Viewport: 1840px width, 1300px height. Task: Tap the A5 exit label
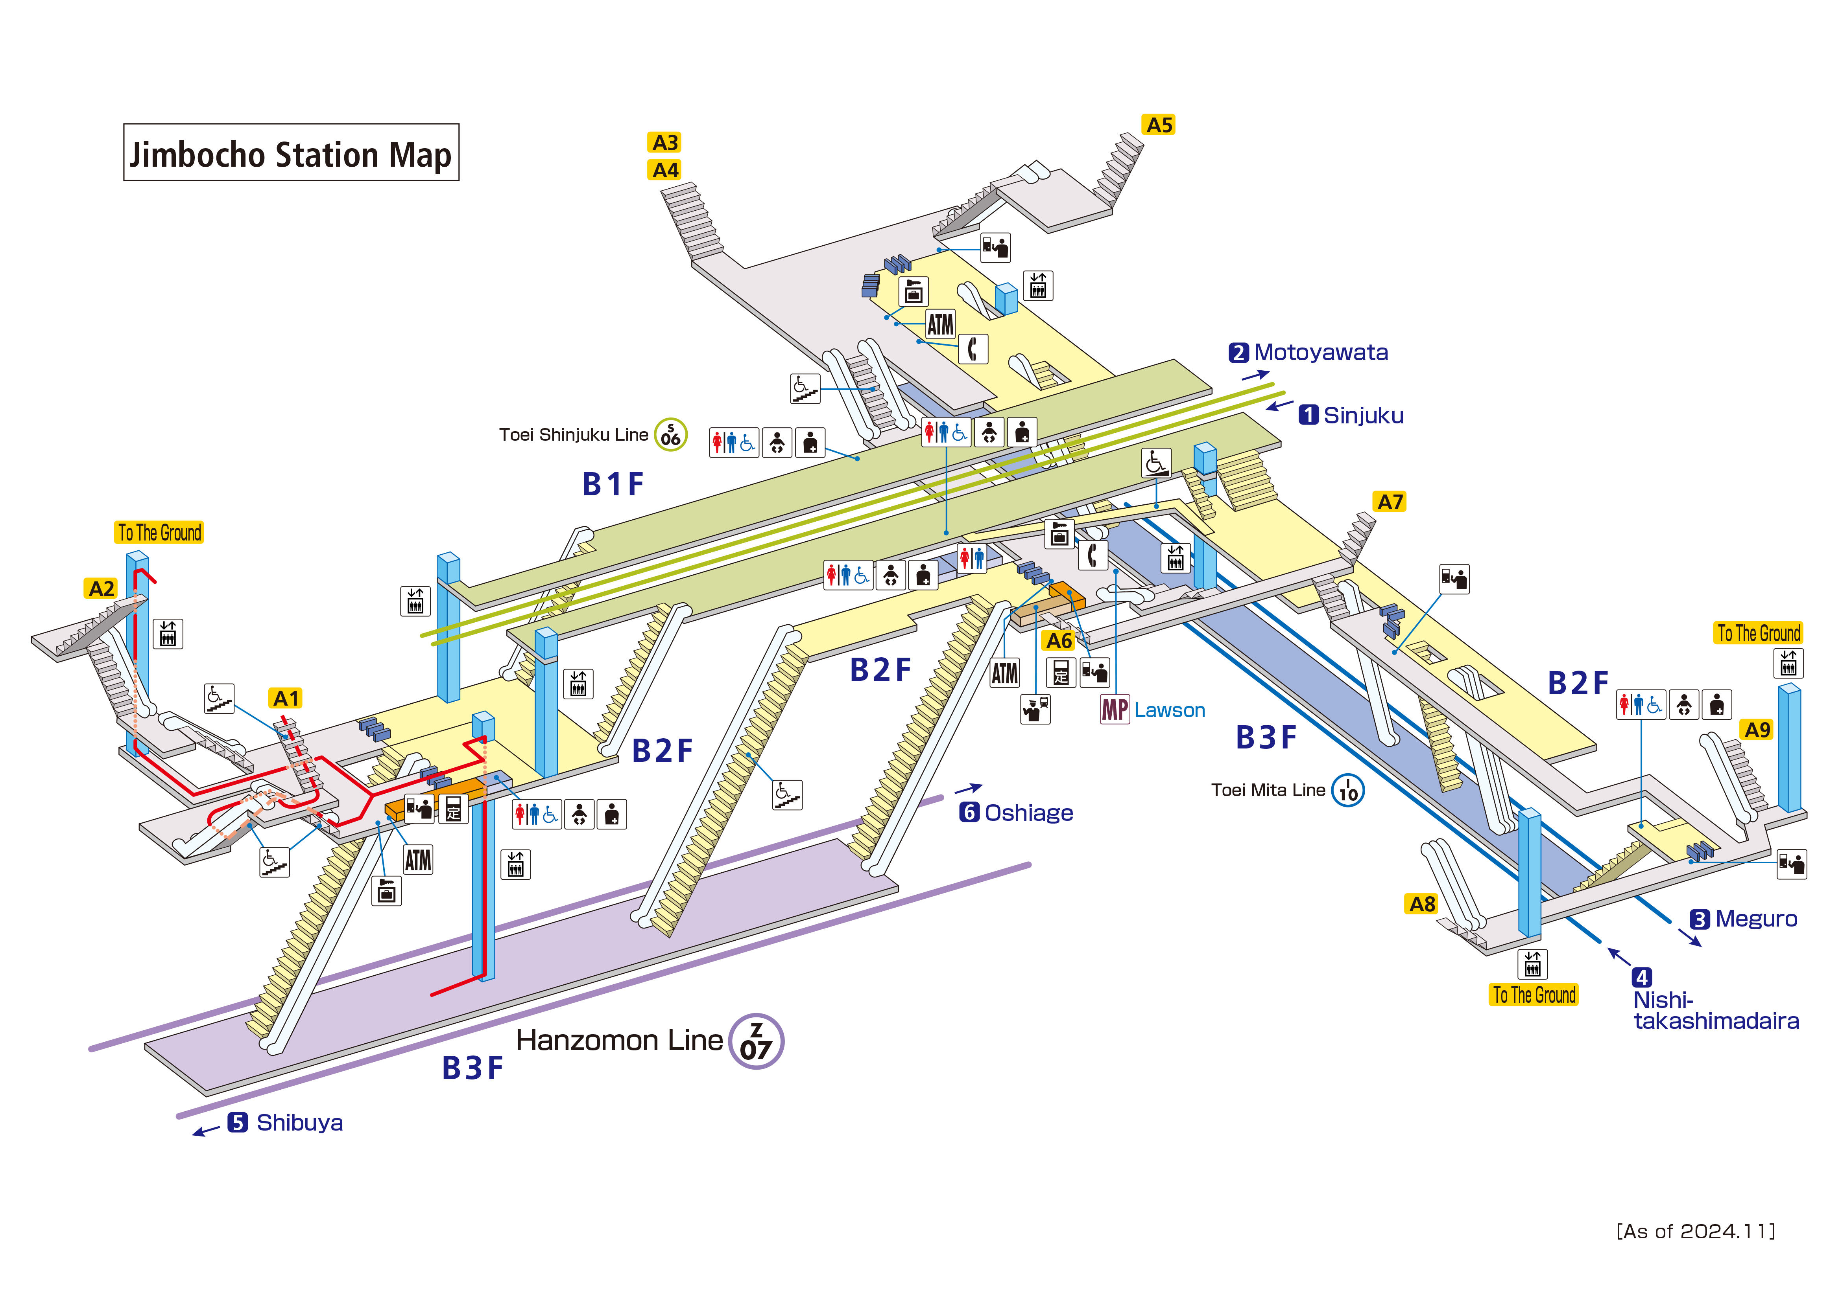pos(1159,125)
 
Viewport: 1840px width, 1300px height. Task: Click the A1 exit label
pos(286,699)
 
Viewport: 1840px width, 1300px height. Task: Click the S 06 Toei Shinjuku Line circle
pos(671,435)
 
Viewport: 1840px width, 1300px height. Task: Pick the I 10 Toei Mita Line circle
pos(1348,791)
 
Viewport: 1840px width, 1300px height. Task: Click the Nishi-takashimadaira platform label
pos(1715,1011)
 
